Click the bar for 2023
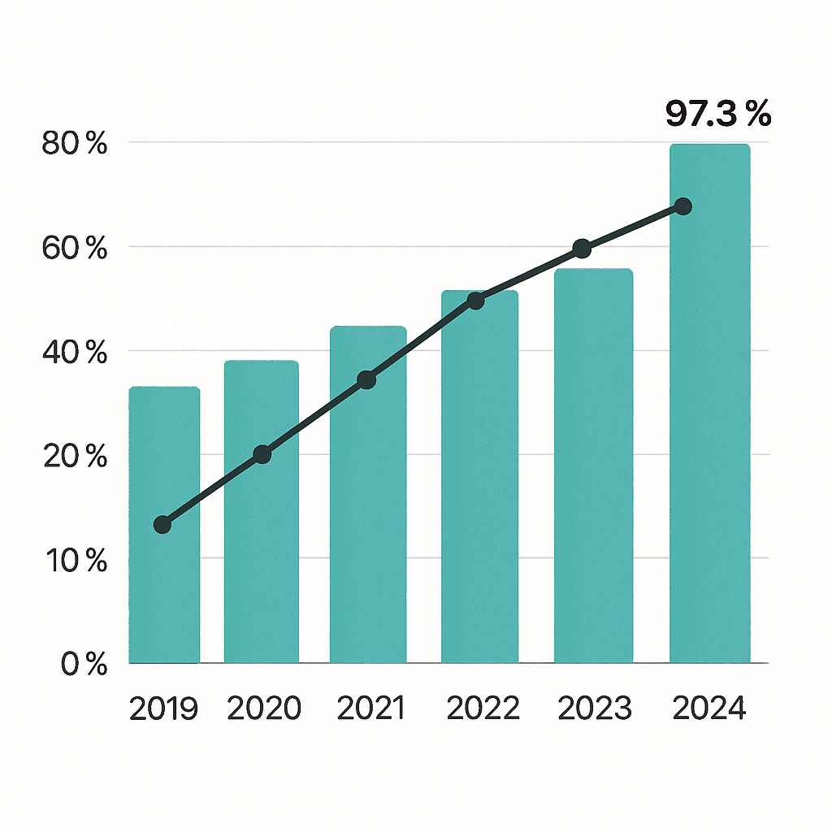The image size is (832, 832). coord(592,471)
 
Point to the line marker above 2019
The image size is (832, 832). coord(162,525)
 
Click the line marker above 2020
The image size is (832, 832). coord(262,454)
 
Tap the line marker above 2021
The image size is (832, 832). coord(366,379)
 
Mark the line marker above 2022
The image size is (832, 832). coord(476,301)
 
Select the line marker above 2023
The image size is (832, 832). coord(582,249)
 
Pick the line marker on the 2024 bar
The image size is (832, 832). coord(683,206)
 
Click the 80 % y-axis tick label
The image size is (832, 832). coord(74,144)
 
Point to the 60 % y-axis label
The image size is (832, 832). coord(74,249)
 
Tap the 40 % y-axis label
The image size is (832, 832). coord(74,353)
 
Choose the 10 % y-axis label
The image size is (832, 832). coord(74,561)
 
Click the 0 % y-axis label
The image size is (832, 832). coord(84,665)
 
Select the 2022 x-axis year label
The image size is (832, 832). coord(483,708)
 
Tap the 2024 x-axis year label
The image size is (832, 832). coord(708,708)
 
